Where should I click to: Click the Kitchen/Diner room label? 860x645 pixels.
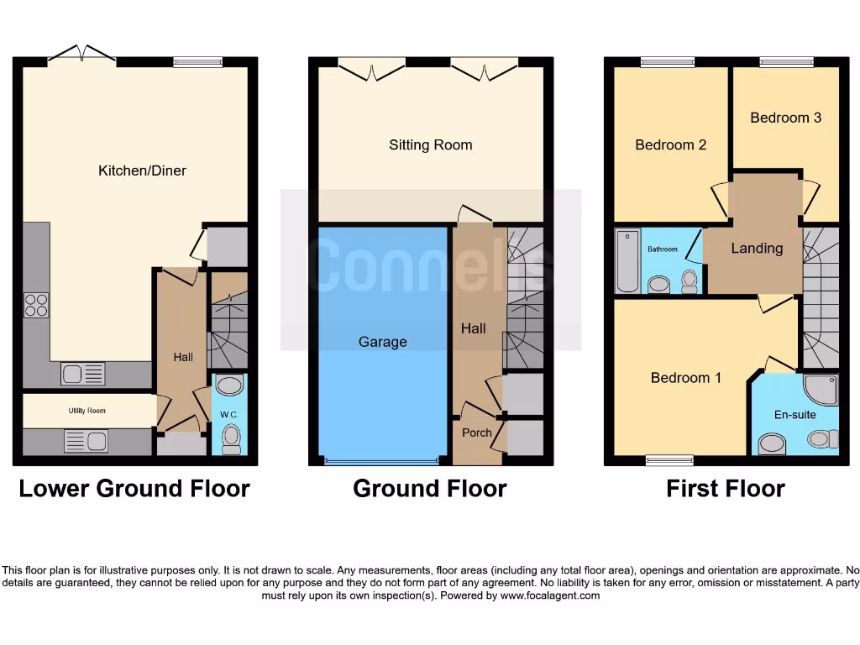[142, 170]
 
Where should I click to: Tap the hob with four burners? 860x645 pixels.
[36, 305]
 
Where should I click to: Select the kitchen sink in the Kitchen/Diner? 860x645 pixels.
[83, 374]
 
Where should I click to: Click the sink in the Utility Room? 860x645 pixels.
[86, 441]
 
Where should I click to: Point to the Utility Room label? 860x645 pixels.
[87, 411]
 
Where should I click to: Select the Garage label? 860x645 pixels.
[382, 342]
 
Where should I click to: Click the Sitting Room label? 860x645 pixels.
[430, 144]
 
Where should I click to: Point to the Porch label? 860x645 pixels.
[477, 433]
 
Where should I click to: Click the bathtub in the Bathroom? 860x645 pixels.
[627, 260]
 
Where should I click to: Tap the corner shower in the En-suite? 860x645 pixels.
[820, 390]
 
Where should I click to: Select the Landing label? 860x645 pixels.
[756, 249]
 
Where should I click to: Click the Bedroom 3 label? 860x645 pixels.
[785, 118]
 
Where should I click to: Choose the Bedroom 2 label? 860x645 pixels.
[670, 144]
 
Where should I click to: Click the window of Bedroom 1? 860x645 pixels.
[669, 459]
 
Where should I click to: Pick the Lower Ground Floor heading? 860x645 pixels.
[134, 489]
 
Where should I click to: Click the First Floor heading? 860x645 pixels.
[726, 489]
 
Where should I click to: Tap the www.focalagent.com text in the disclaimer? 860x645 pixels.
[550, 595]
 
